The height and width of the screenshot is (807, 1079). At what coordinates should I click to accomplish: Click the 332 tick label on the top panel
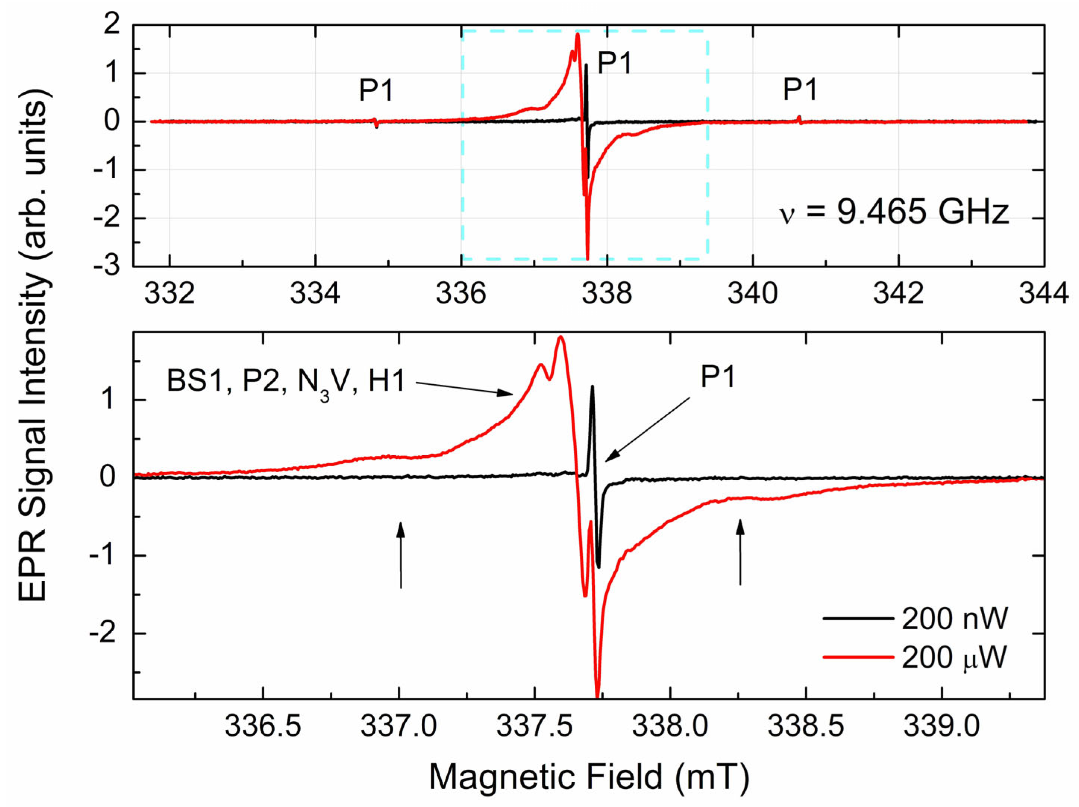(170, 294)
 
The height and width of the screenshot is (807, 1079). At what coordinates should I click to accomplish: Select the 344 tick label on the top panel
(1044, 294)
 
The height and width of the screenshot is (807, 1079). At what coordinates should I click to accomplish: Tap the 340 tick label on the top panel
(753, 294)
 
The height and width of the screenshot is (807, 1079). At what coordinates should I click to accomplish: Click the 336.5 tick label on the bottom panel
(263, 726)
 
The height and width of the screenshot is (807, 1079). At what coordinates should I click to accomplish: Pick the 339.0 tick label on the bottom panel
(941, 726)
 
